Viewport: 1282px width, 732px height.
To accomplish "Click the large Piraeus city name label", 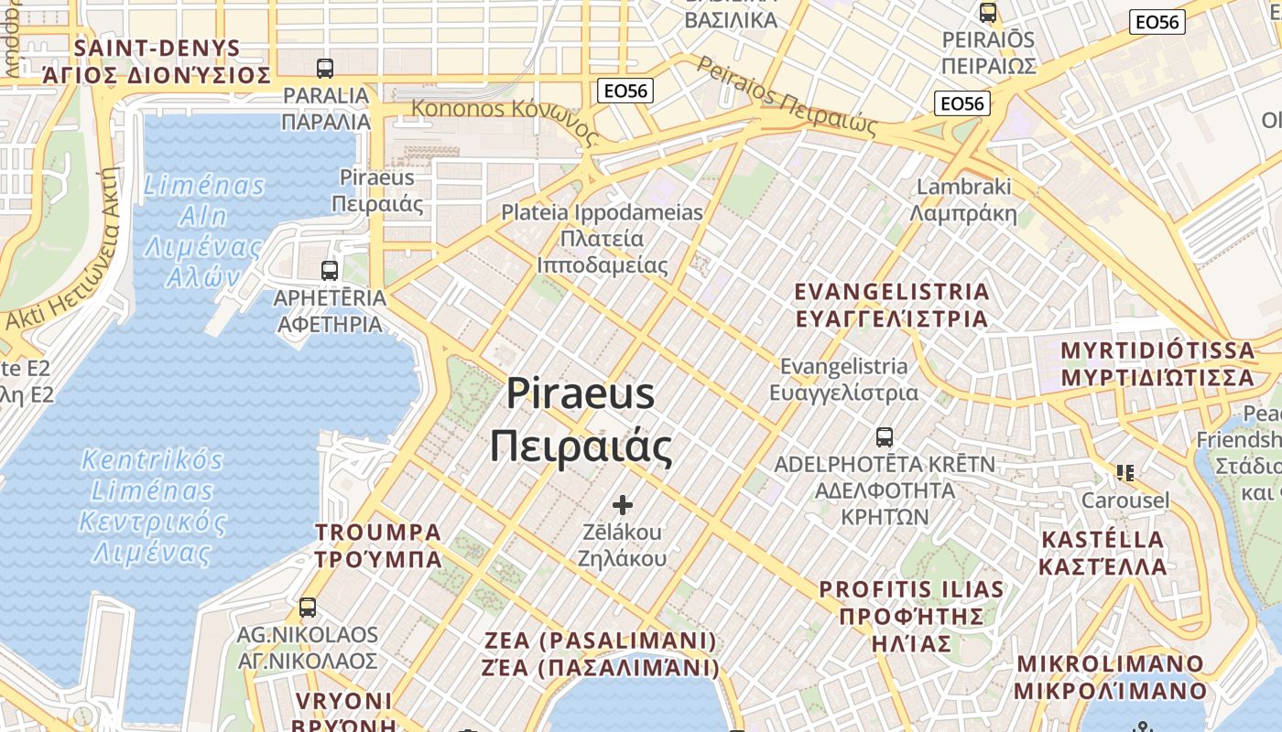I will point(581,420).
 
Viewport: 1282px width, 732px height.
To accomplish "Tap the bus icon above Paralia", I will point(325,68).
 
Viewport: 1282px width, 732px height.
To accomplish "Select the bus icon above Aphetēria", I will point(330,270).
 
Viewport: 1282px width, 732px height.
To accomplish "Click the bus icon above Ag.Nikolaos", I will point(308,607).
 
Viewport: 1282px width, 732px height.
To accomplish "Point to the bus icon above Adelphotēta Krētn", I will point(885,436).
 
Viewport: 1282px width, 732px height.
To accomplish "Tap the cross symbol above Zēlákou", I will point(623,504).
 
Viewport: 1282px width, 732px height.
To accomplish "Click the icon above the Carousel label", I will point(1125,472).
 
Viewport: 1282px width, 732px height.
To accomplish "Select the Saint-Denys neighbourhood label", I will point(157,61).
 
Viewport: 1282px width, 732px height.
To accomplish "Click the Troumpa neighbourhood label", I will point(378,545).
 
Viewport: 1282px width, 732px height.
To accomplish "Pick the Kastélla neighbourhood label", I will point(1103,553).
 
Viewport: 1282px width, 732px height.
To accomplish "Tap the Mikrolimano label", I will point(1111,676).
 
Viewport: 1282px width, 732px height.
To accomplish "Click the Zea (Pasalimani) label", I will point(601,653).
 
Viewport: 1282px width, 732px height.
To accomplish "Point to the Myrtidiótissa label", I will point(1157,363).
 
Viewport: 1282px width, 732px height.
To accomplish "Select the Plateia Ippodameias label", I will point(603,239).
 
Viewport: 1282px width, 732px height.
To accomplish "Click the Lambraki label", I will point(964,199).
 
